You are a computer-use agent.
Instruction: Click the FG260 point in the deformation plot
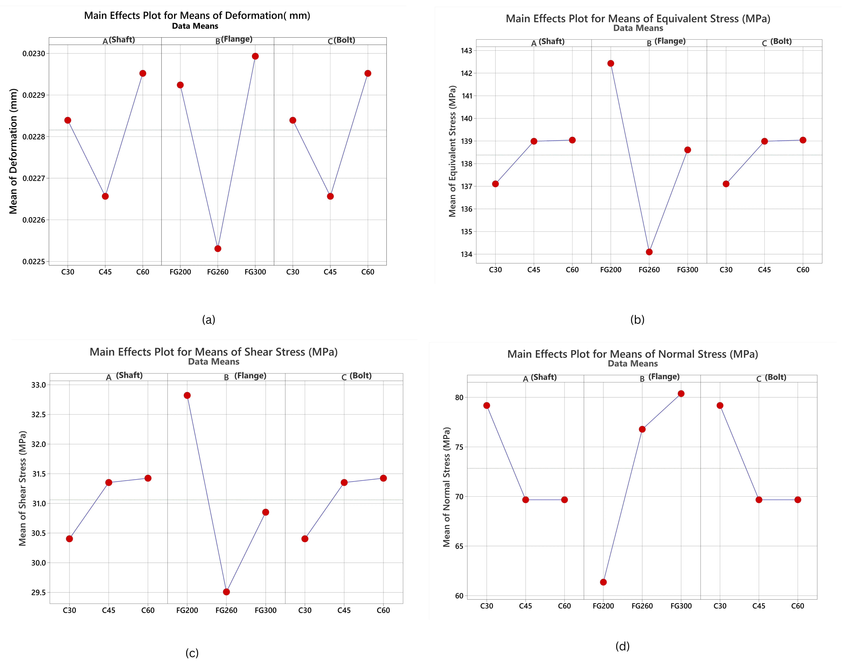click(218, 248)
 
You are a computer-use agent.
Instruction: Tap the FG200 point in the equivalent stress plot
click(611, 63)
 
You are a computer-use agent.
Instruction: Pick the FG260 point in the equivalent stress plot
click(649, 252)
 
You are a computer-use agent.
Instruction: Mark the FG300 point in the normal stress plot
click(681, 394)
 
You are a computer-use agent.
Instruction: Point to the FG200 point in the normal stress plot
click(603, 582)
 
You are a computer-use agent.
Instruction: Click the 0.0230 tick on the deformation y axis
click(34, 54)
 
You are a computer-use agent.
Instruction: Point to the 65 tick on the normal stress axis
click(459, 546)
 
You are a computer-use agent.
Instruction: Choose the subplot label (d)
click(622, 646)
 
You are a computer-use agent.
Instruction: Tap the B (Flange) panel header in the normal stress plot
click(660, 377)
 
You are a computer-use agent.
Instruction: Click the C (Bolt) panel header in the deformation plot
click(341, 40)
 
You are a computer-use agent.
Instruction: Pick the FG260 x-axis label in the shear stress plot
click(226, 610)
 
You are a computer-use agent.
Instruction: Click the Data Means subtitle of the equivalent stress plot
click(638, 28)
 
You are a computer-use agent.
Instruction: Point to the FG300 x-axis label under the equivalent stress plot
click(688, 270)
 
